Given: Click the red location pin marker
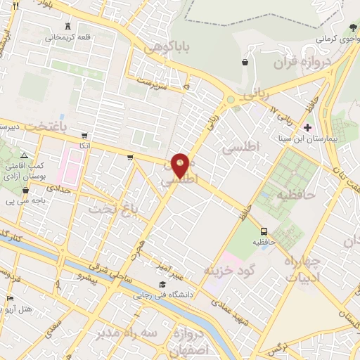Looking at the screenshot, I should point(181,165).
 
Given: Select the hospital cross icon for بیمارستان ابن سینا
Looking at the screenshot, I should point(307,127).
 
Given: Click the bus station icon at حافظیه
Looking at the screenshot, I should point(264,231).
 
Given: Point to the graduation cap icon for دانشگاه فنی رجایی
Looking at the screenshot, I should point(162,284).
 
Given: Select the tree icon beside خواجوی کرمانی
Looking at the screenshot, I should point(352,27).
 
